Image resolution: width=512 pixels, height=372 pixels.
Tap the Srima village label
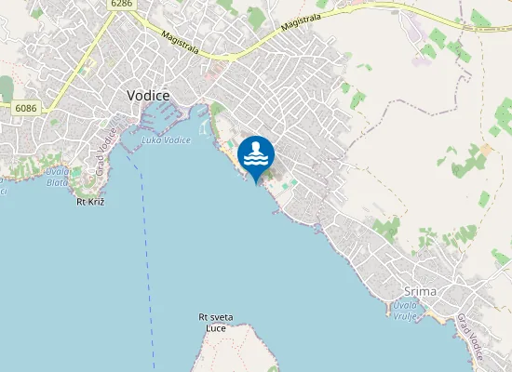click(421, 291)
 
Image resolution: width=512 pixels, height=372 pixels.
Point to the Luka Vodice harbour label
click(167, 140)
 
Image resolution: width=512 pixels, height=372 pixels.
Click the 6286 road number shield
click(121, 5)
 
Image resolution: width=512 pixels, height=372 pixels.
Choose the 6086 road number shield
click(25, 109)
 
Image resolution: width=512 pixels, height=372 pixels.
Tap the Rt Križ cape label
click(89, 201)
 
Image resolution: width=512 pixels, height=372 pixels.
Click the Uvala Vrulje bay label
click(405, 311)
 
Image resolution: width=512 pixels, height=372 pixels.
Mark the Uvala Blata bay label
click(57, 177)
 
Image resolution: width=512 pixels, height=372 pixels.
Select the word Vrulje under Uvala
click(405, 316)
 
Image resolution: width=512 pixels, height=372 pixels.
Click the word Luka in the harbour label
click(151, 140)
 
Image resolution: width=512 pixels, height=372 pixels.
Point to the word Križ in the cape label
click(95, 201)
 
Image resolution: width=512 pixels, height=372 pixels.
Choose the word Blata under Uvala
click(57, 182)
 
